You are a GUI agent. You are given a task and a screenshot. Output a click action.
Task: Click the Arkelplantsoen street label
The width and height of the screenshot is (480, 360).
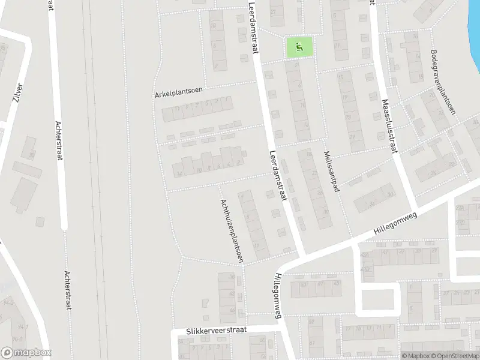coord(179,91)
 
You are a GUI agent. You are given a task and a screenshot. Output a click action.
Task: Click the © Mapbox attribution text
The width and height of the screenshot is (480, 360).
coord(416,356)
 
